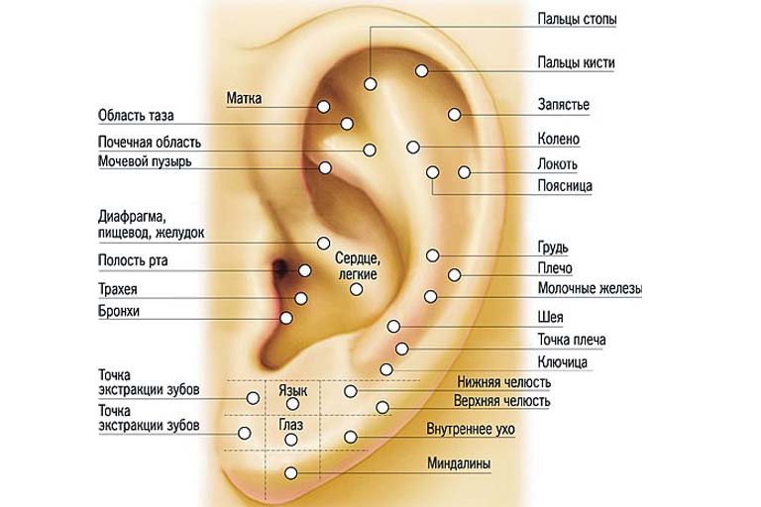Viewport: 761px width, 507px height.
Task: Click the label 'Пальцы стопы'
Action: click(x=577, y=20)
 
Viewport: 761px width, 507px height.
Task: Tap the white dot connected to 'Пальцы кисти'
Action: click(x=421, y=71)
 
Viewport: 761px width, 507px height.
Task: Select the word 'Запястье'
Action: click(x=564, y=105)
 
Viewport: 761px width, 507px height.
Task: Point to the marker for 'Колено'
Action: click(x=413, y=147)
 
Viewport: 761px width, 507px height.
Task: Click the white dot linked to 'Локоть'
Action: click(x=465, y=172)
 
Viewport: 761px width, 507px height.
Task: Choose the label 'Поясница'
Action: click(x=565, y=186)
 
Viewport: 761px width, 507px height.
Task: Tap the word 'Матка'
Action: click(x=244, y=98)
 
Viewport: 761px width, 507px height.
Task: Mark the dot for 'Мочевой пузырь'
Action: click(x=325, y=168)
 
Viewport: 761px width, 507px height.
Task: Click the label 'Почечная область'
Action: click(x=150, y=143)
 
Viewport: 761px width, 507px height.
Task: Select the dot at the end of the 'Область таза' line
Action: click(x=347, y=124)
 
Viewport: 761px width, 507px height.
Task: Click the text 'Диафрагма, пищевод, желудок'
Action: click(x=151, y=224)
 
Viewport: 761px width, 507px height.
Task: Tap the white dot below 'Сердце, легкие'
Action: click(x=357, y=290)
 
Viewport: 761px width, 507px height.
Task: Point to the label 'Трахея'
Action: click(x=118, y=290)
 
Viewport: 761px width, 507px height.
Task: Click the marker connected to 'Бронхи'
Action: click(x=286, y=318)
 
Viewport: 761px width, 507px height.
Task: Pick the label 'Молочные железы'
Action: click(x=590, y=289)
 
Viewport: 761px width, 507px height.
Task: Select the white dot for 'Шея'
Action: click(x=393, y=326)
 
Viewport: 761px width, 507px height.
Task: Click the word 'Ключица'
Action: click(x=563, y=362)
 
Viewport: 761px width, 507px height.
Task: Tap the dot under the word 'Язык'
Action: click(x=292, y=404)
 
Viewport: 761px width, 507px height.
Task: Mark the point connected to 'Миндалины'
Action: click(x=290, y=472)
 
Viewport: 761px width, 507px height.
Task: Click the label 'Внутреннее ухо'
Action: click(x=471, y=430)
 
